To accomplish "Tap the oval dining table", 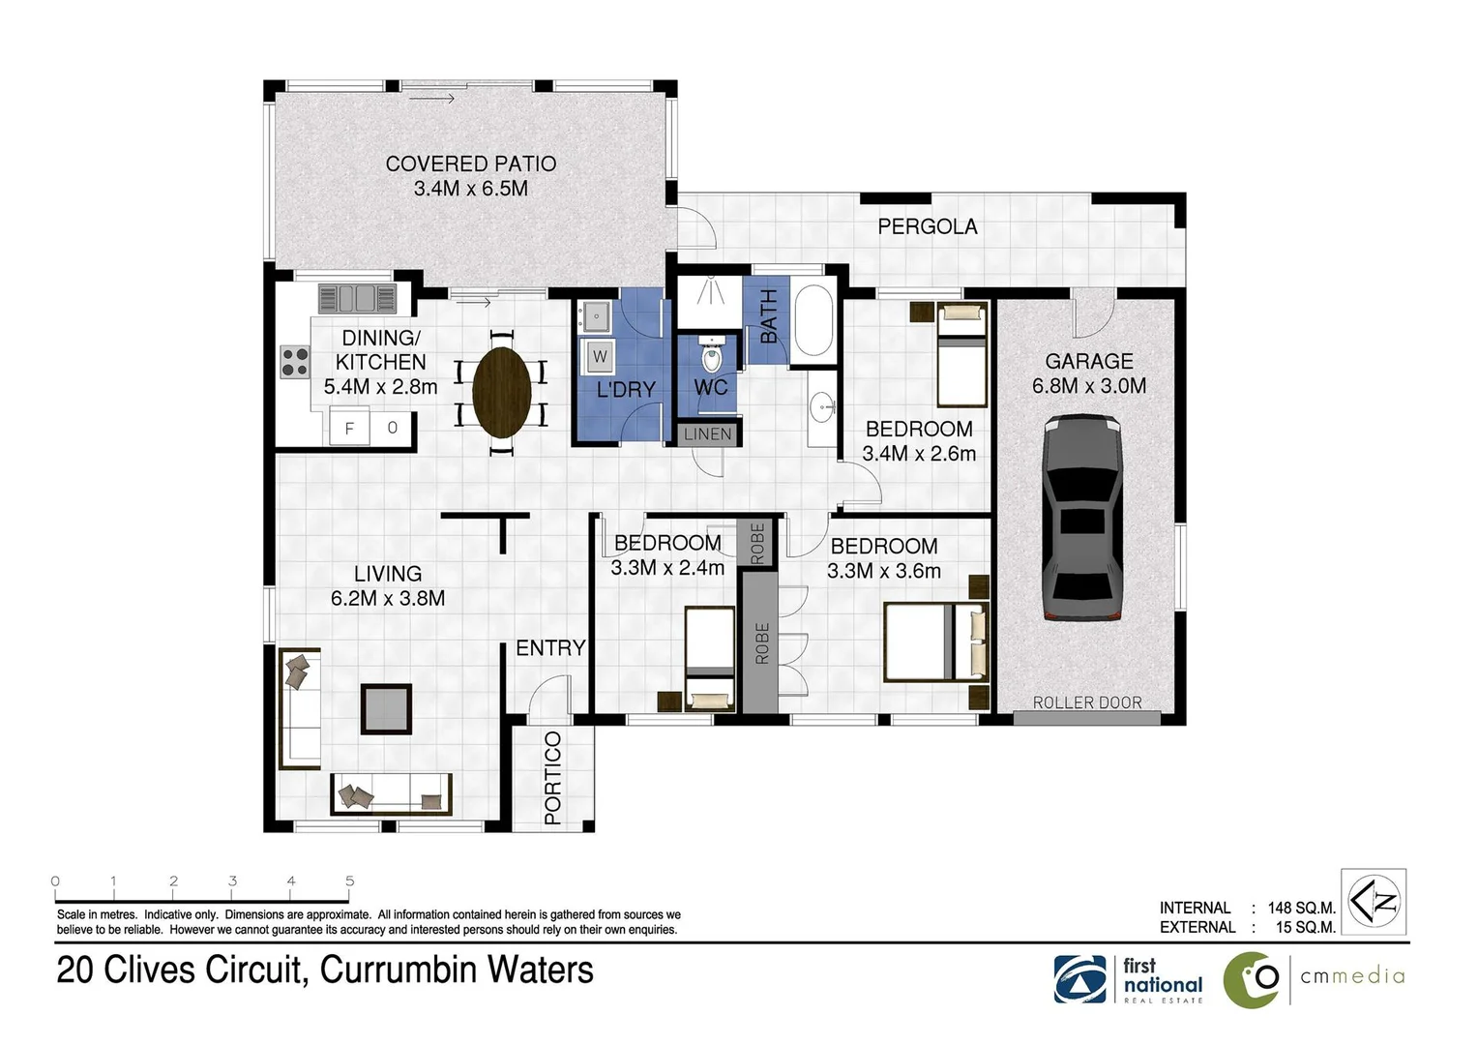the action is tap(502, 392).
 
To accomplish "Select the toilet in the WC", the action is tap(711, 354).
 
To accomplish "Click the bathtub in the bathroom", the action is tap(813, 320).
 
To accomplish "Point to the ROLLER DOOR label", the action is tap(1086, 702).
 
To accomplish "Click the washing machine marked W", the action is tap(599, 357).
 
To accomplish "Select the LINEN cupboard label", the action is tap(707, 434).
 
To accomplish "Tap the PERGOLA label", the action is tap(927, 227).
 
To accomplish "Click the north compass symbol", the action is tap(1374, 901).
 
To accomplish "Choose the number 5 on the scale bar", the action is tap(350, 881).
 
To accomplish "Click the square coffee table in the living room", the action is tap(386, 709).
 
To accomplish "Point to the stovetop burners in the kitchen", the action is tap(294, 362).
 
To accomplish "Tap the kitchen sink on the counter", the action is tap(357, 298).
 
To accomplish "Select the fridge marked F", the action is tap(350, 428).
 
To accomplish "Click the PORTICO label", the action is tap(552, 778).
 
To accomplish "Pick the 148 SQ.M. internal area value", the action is tap(1301, 908).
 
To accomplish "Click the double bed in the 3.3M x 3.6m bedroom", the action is tap(936, 642).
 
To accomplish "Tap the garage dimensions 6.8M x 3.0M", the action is tap(1089, 385).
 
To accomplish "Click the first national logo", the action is tap(1128, 979).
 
